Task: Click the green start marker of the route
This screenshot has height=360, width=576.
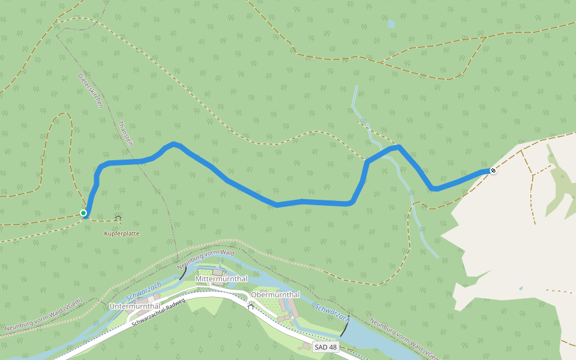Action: (x=83, y=213)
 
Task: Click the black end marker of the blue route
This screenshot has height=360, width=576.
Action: (x=493, y=171)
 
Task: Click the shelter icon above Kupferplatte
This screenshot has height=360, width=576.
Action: (x=118, y=218)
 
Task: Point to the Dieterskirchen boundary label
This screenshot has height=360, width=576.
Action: (x=91, y=91)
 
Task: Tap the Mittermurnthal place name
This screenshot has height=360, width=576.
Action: (x=221, y=280)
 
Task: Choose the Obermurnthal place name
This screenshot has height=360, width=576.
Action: (x=275, y=295)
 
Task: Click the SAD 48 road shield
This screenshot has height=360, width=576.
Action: (x=326, y=347)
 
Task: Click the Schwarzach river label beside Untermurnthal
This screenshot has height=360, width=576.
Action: (x=144, y=290)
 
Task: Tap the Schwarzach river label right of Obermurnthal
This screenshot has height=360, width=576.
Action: (x=332, y=313)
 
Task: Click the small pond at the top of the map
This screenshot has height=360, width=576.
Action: (x=391, y=24)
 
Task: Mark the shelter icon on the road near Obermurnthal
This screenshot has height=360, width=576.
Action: (x=251, y=307)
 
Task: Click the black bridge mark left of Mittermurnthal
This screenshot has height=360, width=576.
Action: (x=182, y=273)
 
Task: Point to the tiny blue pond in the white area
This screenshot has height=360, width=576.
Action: (x=521, y=289)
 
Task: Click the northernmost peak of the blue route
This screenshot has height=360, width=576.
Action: (x=174, y=143)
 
